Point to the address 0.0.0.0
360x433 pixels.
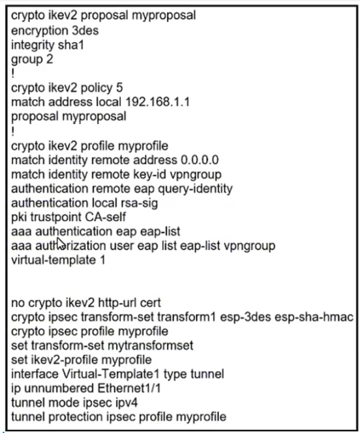pyautogui.click(x=200, y=160)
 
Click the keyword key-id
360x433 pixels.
pyautogui.click(x=156, y=174)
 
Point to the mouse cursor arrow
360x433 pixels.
pyautogui.click(x=61, y=243)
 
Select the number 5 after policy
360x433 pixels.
pyautogui.click(x=120, y=88)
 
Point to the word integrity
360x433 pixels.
pyautogui.click(x=32, y=45)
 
